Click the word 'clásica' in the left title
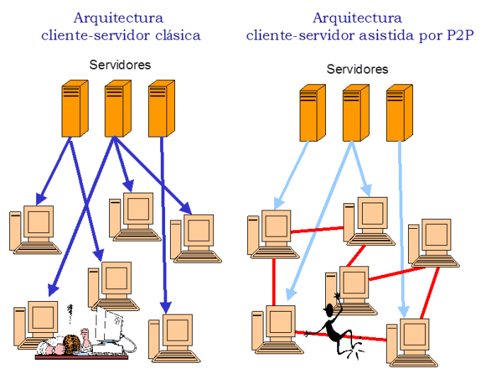coord(174,35)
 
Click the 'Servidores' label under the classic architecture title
coord(120,64)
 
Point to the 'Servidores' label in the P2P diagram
coord(358,69)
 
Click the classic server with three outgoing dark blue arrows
coord(118,108)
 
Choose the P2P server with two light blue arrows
coord(355,112)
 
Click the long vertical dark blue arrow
coord(164,227)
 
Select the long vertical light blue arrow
coord(402,227)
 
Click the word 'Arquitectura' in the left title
coord(118,17)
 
